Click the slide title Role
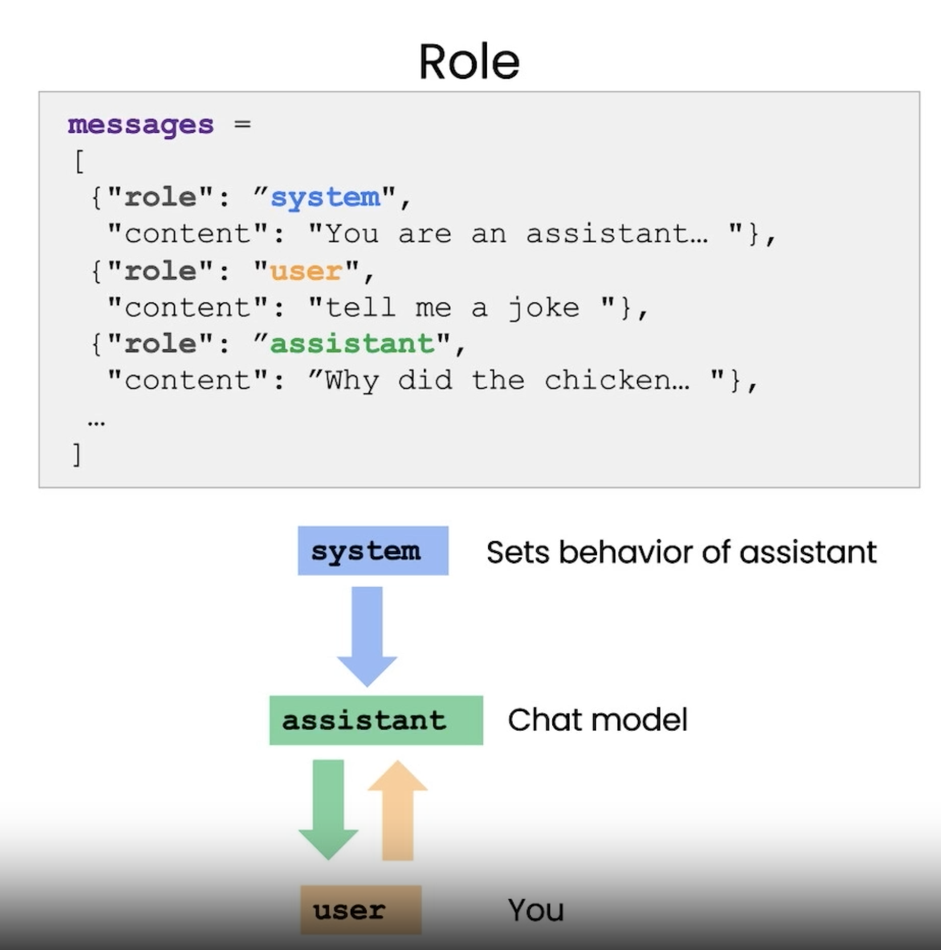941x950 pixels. (469, 62)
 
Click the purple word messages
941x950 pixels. (140, 125)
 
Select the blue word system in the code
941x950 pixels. (325, 198)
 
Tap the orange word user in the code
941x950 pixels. (306, 271)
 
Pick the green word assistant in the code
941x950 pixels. (352, 344)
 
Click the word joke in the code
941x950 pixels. (544, 307)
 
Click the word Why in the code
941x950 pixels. (351, 380)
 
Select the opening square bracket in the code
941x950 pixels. (79, 161)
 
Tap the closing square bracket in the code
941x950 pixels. (77, 455)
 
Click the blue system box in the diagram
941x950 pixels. (373, 551)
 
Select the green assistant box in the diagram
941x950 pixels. (376, 720)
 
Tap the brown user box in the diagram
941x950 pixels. (361, 910)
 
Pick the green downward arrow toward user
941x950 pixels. (328, 807)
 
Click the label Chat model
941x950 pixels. (597, 720)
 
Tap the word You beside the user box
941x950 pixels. (536, 910)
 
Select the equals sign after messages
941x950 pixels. (242, 124)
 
